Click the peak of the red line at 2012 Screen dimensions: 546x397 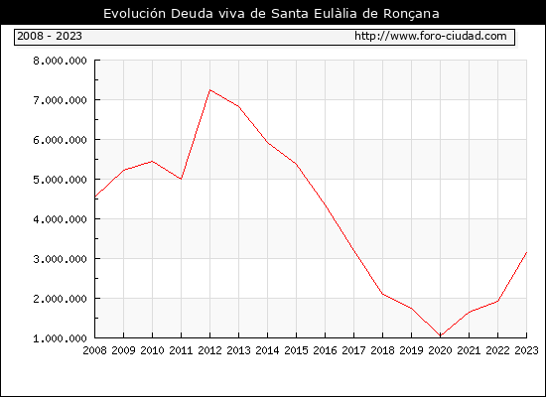[210, 90]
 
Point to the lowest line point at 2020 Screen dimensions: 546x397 [441, 335]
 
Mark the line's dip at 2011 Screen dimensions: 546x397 [181, 179]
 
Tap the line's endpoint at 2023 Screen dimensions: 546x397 [526, 252]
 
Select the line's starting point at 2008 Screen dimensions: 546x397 [95, 198]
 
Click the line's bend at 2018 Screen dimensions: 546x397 [382, 294]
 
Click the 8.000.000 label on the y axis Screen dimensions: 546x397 [60, 61]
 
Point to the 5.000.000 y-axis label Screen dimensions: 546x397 [60, 180]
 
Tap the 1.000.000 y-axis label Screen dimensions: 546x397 [60, 338]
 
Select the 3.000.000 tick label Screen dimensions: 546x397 [60, 259]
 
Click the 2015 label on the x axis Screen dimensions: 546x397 [297, 350]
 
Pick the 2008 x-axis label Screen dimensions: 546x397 [94, 350]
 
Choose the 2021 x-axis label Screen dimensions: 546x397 [469, 350]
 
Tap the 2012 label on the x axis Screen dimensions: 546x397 [210, 350]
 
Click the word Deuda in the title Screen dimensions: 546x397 [192, 14]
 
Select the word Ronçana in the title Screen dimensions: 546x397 [411, 14]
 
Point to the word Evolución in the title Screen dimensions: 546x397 [134, 14]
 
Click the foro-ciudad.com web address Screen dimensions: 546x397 [431, 36]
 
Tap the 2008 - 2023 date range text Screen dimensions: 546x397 [50, 36]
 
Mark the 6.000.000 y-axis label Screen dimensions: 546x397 [60, 140]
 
